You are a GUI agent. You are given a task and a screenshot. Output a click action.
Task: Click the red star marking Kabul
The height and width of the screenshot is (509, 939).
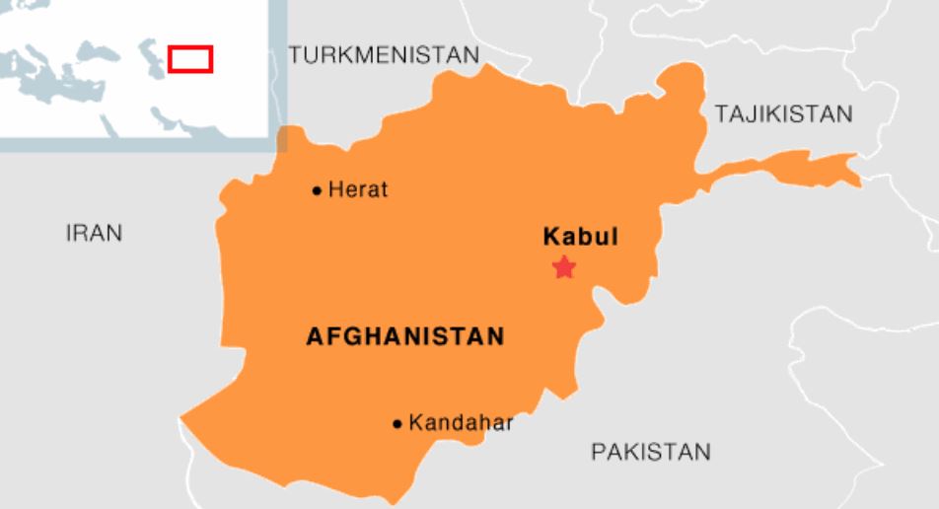[563, 266]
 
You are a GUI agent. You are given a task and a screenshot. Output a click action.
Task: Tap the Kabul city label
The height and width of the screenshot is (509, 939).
[581, 237]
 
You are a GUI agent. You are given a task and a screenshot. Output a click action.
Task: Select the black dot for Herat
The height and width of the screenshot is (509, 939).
[317, 190]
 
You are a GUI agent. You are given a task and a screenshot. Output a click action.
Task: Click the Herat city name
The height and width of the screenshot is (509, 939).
[358, 189]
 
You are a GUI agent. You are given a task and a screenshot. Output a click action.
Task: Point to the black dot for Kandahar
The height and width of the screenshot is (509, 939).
[397, 424]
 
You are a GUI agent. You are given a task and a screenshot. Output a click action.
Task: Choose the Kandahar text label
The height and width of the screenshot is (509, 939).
[461, 423]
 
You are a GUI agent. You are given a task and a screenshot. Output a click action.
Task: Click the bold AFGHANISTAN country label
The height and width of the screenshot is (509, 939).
[405, 336]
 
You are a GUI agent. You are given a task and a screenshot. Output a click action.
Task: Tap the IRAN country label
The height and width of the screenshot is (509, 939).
[94, 233]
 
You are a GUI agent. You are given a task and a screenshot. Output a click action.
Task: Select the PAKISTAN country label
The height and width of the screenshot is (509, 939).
[650, 452]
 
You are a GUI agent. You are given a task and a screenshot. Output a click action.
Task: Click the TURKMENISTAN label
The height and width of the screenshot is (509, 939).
[385, 55]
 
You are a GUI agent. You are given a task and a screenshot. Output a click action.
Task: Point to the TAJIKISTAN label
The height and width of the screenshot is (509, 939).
[784, 114]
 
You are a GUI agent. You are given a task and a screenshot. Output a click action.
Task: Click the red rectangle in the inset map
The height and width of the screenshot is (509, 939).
[190, 58]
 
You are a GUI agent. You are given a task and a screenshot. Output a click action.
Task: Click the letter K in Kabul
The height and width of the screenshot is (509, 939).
[550, 237]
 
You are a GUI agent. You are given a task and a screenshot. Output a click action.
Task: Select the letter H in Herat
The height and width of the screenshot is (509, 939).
[334, 189]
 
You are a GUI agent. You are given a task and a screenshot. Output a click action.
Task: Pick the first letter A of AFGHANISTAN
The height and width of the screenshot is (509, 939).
[314, 336]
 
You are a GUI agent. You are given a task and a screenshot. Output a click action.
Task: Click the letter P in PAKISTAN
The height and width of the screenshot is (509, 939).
[598, 452]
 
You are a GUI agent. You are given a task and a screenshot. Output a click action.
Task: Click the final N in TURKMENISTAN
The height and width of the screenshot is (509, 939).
[472, 55]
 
